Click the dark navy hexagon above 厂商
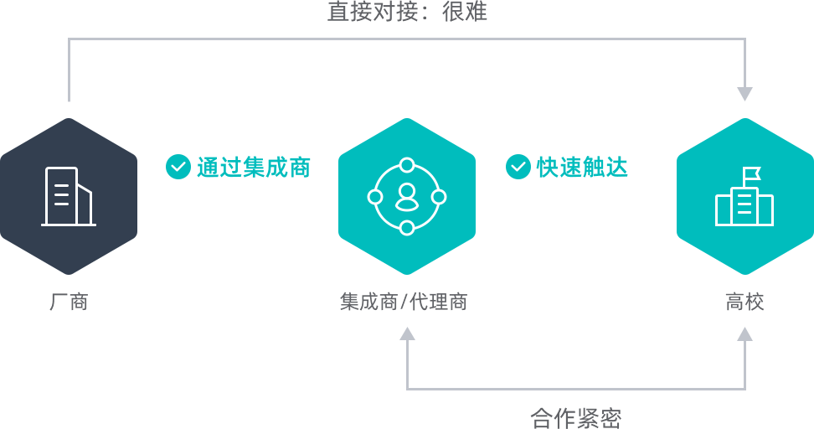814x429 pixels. [69, 196]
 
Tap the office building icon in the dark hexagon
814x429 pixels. [69, 196]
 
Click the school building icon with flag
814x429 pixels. [744, 196]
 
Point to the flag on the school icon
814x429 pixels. [752, 173]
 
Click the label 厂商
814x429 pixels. [69, 302]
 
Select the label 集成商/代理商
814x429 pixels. [404, 302]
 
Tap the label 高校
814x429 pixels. [745, 302]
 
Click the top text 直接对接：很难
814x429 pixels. [408, 12]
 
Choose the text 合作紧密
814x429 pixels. [575, 418]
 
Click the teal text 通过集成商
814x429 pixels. [254, 168]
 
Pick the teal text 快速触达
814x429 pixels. [583, 168]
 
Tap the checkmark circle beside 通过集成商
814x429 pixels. [178, 167]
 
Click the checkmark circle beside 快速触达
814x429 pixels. [518, 167]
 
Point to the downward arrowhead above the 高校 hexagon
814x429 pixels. [745, 94]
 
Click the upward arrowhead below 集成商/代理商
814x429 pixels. [407, 333]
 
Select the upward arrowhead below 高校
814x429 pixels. [745, 333]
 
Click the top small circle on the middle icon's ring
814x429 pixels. [407, 166]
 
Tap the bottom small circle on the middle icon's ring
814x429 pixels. [407, 228]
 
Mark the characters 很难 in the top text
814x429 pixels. [465, 12]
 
